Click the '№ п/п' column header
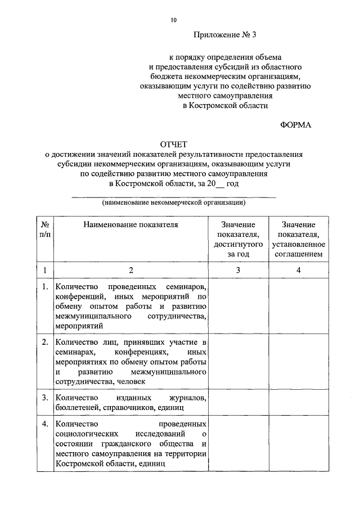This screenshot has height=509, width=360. click(x=44, y=229)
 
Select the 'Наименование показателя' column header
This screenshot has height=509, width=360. click(x=130, y=225)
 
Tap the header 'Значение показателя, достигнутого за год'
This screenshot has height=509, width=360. click(x=238, y=239)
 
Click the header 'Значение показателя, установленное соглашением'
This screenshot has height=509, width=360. click(x=299, y=239)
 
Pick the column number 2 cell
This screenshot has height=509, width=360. click(x=130, y=271)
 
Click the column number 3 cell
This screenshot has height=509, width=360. click(x=238, y=271)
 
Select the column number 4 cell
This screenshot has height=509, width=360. click(x=299, y=271)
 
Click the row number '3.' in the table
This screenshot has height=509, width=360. click(x=44, y=398)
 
